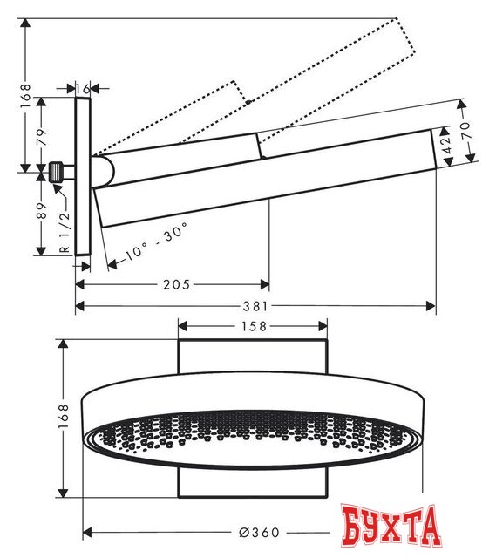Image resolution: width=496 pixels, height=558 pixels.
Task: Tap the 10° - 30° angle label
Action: click(157, 242)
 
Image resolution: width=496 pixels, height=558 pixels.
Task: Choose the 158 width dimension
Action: click(253, 326)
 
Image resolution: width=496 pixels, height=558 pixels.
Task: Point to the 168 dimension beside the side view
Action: click(26, 92)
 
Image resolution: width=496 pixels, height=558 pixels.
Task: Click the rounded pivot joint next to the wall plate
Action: click(102, 172)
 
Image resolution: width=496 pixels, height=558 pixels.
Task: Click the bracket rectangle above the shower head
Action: click(253, 360)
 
